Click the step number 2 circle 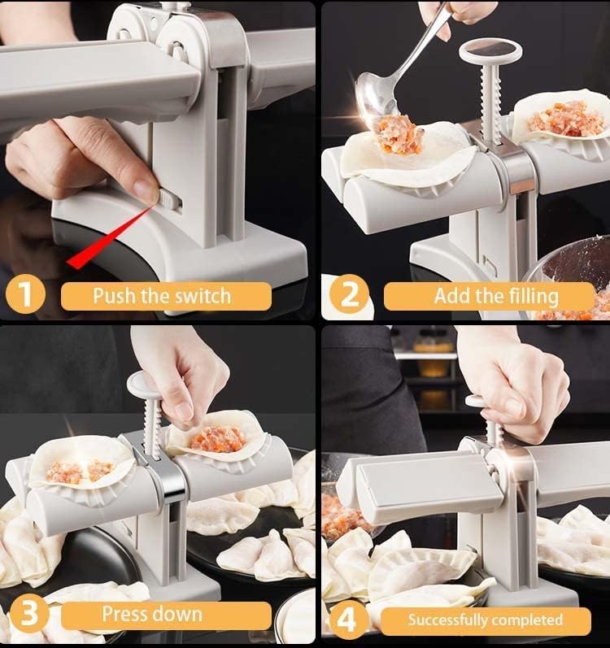pos(348,294)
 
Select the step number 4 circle pos(347,619)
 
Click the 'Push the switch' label pos(162,295)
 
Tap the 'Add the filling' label pos(496,295)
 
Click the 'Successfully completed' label pos(485,620)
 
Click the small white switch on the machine pos(167,198)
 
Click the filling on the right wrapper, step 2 pos(566,119)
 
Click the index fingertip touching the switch pos(146,191)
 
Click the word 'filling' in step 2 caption pos(529,295)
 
